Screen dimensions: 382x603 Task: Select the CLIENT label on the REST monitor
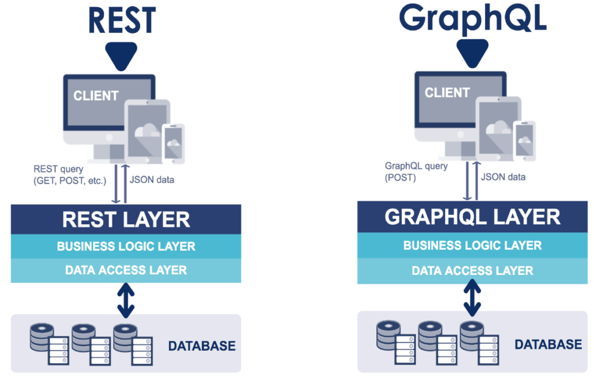pos(96,95)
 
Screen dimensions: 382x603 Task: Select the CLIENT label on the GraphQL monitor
pos(447,92)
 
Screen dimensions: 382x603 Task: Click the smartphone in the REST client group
pos(173,144)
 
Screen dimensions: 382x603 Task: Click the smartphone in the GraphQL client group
pos(524,141)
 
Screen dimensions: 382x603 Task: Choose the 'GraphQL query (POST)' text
pos(416,171)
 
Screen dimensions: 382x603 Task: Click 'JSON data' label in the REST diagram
pos(153,180)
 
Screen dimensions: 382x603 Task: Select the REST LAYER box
pos(126,220)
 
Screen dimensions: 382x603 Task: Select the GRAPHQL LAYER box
pos(472,217)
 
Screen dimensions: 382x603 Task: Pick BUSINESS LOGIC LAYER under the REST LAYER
pos(126,246)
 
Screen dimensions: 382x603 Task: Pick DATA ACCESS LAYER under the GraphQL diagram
pos(472,271)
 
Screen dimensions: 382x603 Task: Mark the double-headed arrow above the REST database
pos(126,299)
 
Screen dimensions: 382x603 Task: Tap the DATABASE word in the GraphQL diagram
pos(548,344)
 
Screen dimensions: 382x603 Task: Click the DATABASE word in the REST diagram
pos(201,346)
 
